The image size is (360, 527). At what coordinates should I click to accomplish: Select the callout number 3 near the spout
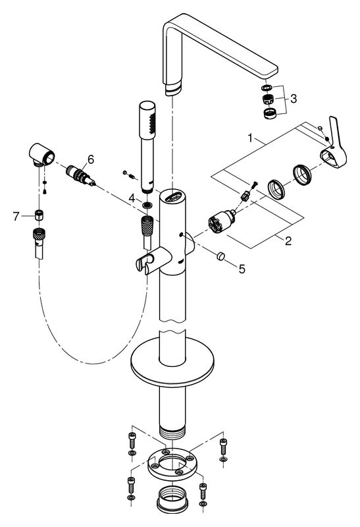294,99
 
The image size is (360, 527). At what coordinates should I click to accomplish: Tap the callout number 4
132,197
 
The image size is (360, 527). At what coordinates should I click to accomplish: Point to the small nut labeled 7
40,215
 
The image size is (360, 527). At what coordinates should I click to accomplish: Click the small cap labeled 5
221,256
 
